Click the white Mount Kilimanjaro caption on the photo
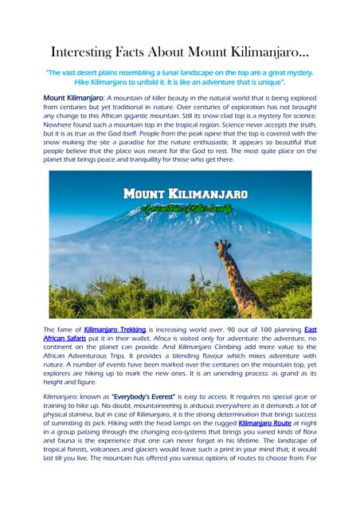tap(186, 194)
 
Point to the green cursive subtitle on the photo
tap(184, 209)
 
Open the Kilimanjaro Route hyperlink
tap(264, 426)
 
